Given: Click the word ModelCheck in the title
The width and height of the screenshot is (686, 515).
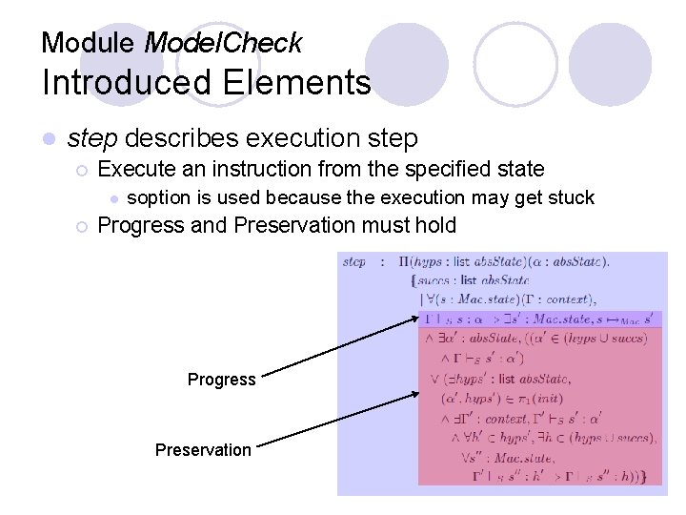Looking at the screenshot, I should point(222,43).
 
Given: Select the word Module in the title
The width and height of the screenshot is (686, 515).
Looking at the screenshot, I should point(90,43).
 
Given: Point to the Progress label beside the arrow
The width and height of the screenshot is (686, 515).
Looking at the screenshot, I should point(221,380).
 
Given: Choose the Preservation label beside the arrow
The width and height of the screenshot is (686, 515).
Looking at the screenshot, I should point(203,449).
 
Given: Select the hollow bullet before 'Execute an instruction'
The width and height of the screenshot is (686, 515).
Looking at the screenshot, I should point(81,171).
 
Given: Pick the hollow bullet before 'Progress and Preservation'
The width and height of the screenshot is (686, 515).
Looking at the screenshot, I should point(81,227).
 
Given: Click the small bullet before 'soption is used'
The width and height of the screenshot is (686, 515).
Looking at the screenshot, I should point(112,198).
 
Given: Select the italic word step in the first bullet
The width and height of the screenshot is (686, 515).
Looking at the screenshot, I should point(92,139).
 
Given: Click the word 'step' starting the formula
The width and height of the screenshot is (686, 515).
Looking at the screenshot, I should point(353,261).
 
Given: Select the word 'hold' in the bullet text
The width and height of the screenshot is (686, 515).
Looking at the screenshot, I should point(435,226).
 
